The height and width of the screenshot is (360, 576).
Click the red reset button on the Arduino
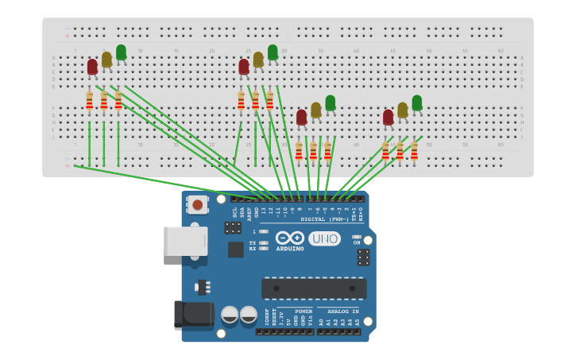[x=197, y=205]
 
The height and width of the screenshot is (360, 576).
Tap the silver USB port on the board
[x=185, y=241]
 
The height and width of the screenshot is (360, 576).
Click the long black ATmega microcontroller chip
[x=314, y=288]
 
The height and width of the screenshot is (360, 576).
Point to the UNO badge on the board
[x=324, y=238]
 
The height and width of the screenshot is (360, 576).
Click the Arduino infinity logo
[x=289, y=238]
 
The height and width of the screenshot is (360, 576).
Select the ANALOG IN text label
[x=343, y=312]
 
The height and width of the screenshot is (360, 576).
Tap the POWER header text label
[x=303, y=312]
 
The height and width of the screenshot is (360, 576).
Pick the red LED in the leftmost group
[x=92, y=67]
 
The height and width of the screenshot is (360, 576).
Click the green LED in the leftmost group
[x=121, y=52]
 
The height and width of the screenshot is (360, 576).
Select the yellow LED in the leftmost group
[x=106, y=60]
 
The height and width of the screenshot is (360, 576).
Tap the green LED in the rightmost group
[x=416, y=103]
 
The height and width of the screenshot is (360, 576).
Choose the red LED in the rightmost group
[x=388, y=118]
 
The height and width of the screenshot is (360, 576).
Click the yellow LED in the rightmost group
[x=402, y=110]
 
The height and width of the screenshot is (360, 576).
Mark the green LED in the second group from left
[x=273, y=52]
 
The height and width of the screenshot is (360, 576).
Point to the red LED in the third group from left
[x=301, y=118]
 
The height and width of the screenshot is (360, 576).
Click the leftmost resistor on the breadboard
[x=89, y=101]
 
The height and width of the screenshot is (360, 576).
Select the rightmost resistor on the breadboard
[x=414, y=151]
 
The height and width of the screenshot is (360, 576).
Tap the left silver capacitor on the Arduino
[x=230, y=315]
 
